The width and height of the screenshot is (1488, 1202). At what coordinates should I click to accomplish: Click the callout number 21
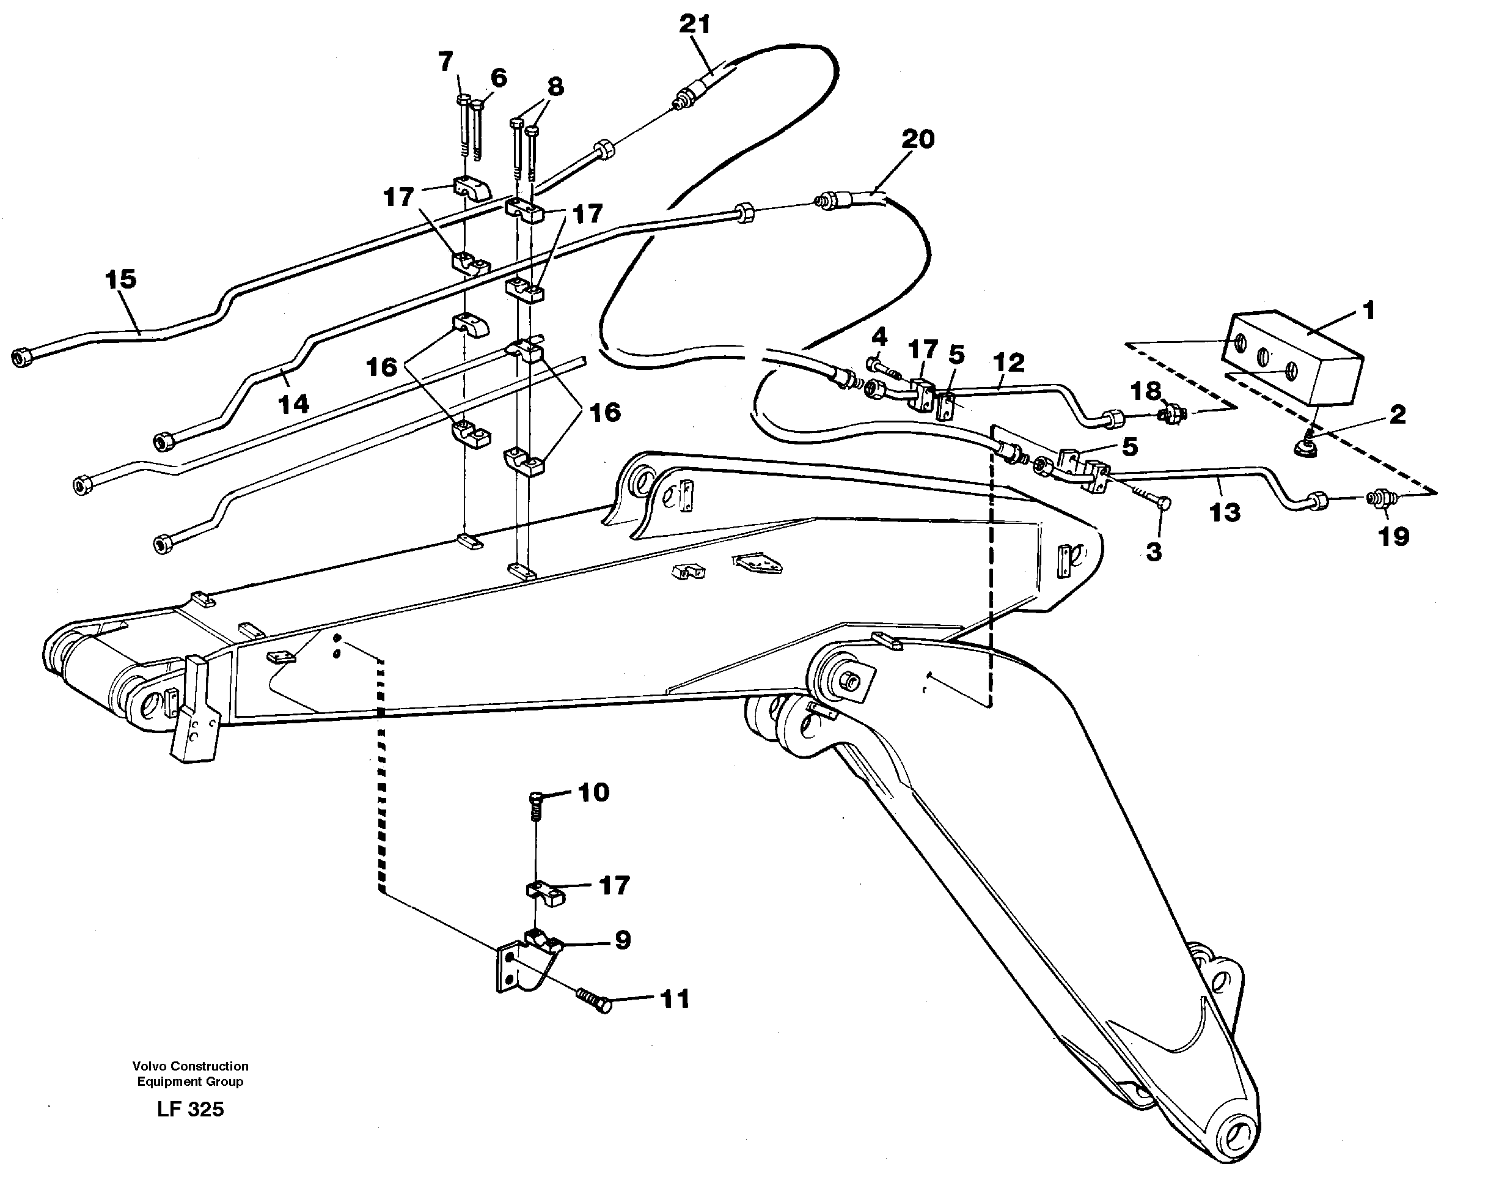click(695, 24)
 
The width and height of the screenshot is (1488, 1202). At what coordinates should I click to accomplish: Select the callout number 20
click(918, 139)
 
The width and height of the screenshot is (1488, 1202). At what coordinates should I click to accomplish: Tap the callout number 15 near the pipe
click(121, 280)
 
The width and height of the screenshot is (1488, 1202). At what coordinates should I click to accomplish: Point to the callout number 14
click(293, 404)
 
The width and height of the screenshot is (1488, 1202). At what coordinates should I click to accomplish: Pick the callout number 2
click(1398, 415)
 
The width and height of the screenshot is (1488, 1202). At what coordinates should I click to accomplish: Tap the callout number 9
click(622, 940)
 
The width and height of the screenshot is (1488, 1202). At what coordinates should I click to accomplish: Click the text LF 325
click(190, 1110)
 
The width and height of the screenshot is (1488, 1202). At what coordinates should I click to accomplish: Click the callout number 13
click(1224, 513)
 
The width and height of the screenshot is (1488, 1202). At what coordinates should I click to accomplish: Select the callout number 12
click(1008, 362)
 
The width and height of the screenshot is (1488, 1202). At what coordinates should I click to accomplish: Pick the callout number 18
click(1145, 391)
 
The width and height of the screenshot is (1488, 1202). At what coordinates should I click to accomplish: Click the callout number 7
click(445, 62)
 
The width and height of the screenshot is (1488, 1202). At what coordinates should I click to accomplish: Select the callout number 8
click(555, 87)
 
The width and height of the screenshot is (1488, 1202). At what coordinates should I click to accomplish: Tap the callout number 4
click(879, 337)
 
